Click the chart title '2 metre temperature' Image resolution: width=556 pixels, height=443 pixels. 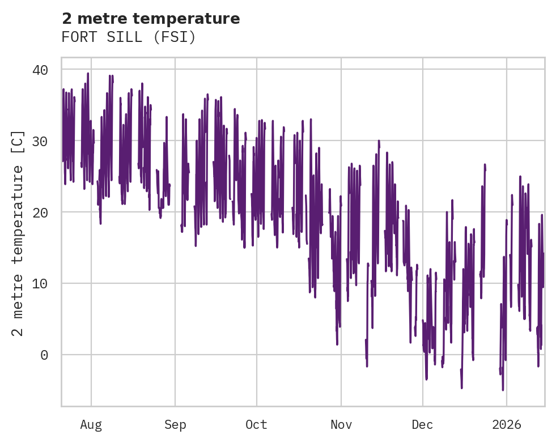151,19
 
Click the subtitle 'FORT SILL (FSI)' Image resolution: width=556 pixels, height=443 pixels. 129,37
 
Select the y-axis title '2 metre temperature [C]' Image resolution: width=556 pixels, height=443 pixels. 18,233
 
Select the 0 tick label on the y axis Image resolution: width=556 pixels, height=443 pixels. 44,355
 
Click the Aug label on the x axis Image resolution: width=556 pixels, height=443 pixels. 91,425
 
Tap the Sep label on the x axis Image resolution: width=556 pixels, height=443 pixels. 175,425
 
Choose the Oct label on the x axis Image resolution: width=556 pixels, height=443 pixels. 256,425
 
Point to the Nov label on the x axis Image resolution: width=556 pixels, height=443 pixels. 341,425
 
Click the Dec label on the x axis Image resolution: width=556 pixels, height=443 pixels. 422,425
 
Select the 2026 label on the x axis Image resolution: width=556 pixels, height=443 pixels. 506,425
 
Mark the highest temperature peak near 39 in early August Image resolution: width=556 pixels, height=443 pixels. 88,73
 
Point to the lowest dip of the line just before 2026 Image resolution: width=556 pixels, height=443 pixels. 502,390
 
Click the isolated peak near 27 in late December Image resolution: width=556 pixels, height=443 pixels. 485,164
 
